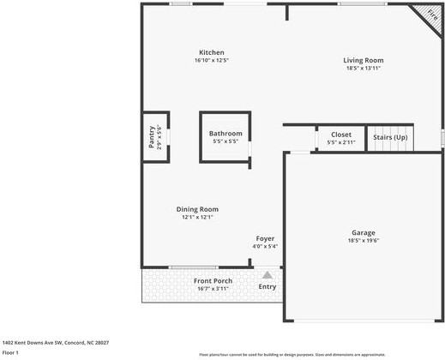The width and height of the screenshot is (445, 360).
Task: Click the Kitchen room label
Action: (212, 53)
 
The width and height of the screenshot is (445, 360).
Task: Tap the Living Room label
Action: (363, 60)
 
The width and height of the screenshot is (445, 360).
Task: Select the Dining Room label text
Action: (197, 209)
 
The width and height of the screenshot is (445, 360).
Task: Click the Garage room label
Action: (363, 232)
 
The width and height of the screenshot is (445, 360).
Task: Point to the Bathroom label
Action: (226, 134)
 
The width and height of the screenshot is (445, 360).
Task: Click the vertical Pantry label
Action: (151, 136)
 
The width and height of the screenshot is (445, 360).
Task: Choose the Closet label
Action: (340, 135)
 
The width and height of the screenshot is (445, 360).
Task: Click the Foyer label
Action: (265, 238)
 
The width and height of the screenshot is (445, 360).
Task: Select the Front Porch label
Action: (213, 281)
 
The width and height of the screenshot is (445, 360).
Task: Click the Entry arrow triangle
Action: (268, 275)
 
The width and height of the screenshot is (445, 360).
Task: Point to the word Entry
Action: (268, 286)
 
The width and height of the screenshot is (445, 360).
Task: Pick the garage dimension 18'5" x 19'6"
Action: (363, 241)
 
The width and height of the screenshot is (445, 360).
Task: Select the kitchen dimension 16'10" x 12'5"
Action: (212, 61)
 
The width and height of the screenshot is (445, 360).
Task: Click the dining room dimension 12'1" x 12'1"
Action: (197, 218)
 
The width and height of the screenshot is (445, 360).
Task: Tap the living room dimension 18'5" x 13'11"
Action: (363, 68)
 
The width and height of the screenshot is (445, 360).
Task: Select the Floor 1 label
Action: (10, 352)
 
